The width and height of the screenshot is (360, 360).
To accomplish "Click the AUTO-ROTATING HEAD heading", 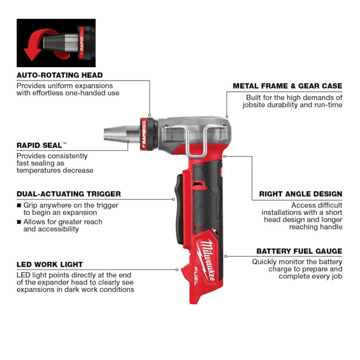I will point(59,75).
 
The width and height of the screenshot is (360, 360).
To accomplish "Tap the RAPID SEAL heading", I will point(40,145).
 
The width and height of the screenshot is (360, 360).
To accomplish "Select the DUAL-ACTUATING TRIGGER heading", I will point(68,194).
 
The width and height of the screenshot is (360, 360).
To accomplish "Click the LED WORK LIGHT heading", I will point(50,264).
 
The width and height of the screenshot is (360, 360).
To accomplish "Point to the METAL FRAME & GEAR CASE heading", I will point(287,86).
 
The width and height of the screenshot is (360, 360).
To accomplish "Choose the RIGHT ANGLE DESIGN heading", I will point(301,194).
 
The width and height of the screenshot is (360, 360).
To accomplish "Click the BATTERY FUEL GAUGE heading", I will point(299,251).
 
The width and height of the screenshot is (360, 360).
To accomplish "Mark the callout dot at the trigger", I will point(173,199).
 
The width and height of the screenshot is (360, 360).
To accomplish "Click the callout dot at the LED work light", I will point(177,269).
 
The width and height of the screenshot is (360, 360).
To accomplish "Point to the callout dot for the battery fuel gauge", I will point(225,256).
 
